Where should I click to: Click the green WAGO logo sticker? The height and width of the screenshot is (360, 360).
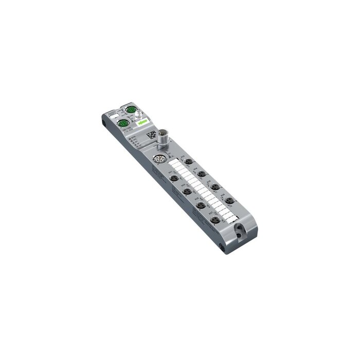142,122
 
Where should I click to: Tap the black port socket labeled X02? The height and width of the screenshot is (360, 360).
189,161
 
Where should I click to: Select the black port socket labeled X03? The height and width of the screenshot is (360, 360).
187,192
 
